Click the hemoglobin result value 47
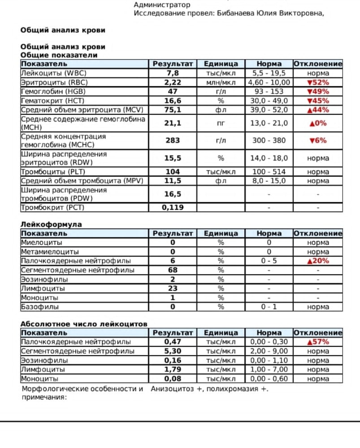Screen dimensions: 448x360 tap(172, 91)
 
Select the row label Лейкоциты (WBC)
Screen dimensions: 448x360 tap(54, 73)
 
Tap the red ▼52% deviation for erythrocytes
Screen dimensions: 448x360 tap(318, 82)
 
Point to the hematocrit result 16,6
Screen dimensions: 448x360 tap(172, 101)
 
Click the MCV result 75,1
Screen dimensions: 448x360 tap(172, 110)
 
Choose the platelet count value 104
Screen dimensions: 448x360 tap(172, 172)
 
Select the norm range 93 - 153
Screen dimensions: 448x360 tap(269, 91)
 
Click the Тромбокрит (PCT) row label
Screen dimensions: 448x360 tap(52, 208)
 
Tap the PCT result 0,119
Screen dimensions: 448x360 tap(172, 208)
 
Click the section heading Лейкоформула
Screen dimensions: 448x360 tap(51, 224)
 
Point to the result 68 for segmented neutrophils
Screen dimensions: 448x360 tap(172, 270)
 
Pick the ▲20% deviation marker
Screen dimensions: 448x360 tap(318, 261)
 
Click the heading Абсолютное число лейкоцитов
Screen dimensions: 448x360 tap(84, 324)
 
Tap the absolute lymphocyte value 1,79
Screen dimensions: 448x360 tap(172, 370)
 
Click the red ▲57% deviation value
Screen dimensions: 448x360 tap(318, 342)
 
